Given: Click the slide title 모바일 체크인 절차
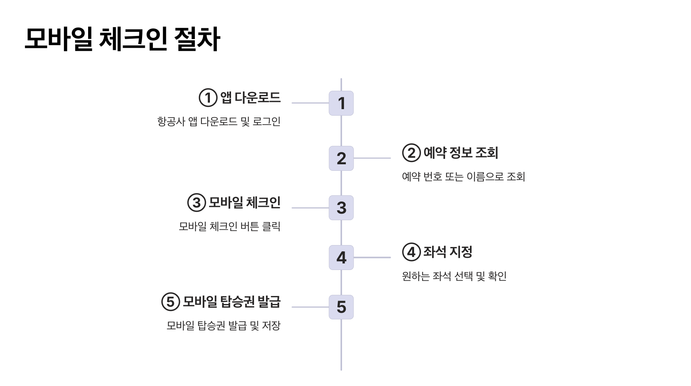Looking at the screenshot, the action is click(x=122, y=39).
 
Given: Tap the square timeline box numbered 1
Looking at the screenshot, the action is click(x=341, y=103).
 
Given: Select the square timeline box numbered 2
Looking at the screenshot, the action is click(x=341, y=158).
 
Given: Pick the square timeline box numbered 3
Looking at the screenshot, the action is click(x=341, y=208).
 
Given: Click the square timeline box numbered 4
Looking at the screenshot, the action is click(x=341, y=257).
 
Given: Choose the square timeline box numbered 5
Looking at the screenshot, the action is click(x=341, y=307).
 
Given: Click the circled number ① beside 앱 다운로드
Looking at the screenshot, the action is click(x=208, y=98).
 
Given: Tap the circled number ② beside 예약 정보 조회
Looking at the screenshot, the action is click(x=411, y=153).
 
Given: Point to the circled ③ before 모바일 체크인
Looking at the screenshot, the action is click(x=196, y=203).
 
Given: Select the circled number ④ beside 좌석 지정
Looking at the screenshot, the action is click(x=411, y=252).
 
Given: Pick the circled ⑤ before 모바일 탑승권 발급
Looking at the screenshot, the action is click(x=170, y=302).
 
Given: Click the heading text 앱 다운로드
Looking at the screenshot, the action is click(x=250, y=98).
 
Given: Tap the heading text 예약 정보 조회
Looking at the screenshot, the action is click(x=460, y=153).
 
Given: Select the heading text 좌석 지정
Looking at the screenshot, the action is click(x=447, y=252).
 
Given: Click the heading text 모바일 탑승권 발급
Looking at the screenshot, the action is click(x=231, y=302).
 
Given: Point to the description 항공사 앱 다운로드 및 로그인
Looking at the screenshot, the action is click(x=219, y=122).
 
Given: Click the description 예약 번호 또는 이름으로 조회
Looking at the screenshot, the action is click(x=463, y=177).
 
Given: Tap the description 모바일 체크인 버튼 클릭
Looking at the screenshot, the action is click(x=229, y=226).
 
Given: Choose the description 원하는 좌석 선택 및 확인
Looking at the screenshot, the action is click(x=454, y=276).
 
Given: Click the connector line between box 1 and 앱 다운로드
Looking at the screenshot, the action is click(x=310, y=103).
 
